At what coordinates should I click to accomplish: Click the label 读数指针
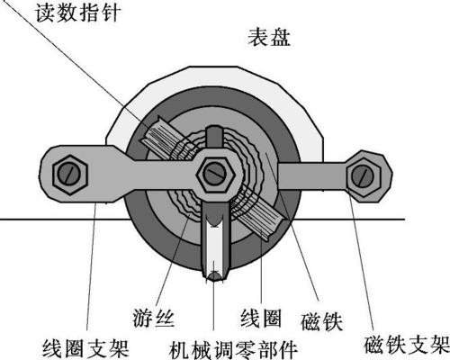pyautogui.click(x=78, y=13)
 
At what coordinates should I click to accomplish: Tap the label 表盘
pyautogui.click(x=269, y=38)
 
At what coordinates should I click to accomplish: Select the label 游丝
pyautogui.click(x=153, y=318)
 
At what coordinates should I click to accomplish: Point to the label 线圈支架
pyautogui.click(x=85, y=348)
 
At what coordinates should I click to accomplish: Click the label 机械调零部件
pyautogui.click(x=233, y=349)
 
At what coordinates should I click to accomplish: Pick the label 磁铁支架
pyautogui.click(x=407, y=345)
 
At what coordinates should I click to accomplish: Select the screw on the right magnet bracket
pyautogui.click(x=363, y=175)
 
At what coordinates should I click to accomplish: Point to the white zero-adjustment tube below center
pyautogui.click(x=214, y=243)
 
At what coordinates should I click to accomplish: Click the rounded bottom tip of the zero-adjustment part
pyautogui.click(x=214, y=277)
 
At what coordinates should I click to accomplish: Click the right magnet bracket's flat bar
pyautogui.click(x=312, y=176)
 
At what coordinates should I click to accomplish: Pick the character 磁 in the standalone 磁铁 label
pyautogui.click(x=311, y=321)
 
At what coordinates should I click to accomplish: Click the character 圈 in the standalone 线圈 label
pyautogui.click(x=271, y=318)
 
